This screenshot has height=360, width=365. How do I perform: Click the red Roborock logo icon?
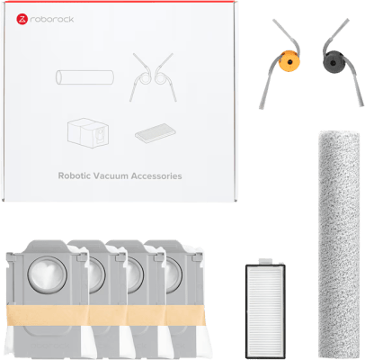[22, 19]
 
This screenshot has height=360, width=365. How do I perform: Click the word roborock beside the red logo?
[52, 20]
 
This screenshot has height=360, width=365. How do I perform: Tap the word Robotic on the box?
[74, 175]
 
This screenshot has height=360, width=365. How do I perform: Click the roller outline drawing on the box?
[85, 77]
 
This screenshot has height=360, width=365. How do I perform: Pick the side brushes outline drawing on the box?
[153, 77]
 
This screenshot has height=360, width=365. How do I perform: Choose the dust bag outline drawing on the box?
[88, 132]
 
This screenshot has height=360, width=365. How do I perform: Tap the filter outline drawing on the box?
[156, 133]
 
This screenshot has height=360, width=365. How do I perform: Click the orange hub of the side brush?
[289, 62]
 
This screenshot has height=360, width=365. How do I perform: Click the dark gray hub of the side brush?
[334, 62]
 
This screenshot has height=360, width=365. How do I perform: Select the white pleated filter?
[265, 311]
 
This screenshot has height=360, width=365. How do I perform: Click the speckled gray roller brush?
[339, 242]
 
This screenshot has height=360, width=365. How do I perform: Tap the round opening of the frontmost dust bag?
[48, 275]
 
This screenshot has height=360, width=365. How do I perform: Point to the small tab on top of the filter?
[265, 262]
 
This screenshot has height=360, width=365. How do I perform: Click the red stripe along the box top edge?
[120, 2]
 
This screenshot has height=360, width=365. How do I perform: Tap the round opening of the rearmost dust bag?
[174, 275]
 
